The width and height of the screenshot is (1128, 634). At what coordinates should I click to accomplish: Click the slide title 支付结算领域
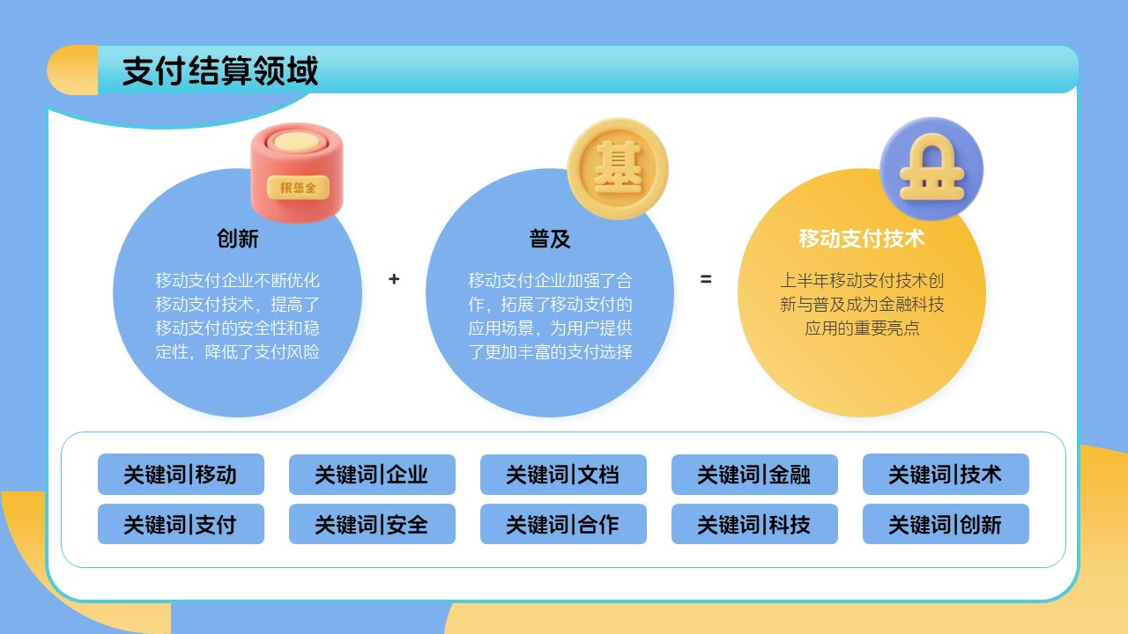[220, 71]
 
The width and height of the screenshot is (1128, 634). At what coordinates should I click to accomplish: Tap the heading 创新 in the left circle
[238, 239]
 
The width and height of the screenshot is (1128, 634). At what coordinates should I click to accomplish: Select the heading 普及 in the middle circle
[550, 239]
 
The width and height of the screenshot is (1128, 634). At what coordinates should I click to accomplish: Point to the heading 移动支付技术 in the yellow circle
[861, 239]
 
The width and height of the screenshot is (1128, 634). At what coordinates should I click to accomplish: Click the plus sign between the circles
[394, 279]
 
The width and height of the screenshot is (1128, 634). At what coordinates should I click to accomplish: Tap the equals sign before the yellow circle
[706, 279]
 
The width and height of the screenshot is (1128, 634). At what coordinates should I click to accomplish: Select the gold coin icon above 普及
[617, 168]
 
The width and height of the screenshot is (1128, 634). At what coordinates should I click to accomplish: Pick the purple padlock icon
[931, 168]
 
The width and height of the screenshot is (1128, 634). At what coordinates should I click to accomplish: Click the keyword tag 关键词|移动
[181, 475]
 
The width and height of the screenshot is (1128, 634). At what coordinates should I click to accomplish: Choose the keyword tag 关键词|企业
[372, 475]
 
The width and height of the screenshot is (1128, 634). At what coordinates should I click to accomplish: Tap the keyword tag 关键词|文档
[563, 475]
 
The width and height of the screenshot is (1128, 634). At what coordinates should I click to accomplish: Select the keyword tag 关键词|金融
[754, 475]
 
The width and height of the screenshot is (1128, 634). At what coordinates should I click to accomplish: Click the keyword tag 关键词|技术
[946, 475]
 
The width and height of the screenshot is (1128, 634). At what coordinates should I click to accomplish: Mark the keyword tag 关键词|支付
[181, 525]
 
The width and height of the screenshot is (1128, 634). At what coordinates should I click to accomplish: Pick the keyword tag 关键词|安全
[372, 525]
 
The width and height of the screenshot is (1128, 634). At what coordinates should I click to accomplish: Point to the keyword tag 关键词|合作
[563, 525]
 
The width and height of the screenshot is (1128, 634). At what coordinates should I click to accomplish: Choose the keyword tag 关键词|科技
[754, 525]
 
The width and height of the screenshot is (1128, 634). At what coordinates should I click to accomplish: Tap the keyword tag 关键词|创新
[946, 525]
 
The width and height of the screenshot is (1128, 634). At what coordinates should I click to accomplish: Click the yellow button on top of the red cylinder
[296, 141]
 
